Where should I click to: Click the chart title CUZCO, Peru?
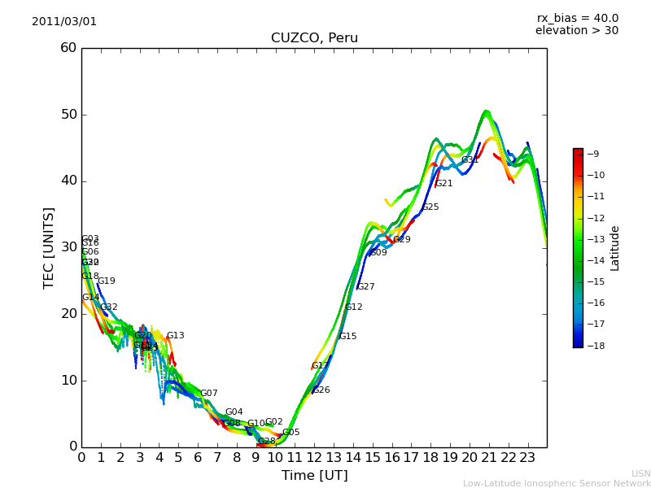pos(314,38)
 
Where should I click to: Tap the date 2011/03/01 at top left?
pos(64,22)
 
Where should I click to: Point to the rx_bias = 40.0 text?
pos(577,18)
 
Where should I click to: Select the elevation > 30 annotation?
pos(577,31)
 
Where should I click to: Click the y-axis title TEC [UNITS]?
pos(49,247)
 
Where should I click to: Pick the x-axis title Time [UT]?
pos(314,476)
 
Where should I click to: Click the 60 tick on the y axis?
pos(68,48)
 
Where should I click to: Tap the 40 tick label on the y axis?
pos(68,181)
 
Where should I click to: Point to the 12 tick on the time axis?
pos(314,457)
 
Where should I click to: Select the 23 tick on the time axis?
pos(527,457)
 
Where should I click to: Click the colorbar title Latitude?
pos(615,248)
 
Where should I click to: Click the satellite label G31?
pos(470,160)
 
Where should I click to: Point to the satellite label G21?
pos(444,184)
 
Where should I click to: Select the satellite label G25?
pos(430,207)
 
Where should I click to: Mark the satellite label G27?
pos(366,287)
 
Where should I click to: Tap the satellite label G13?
pos(176,336)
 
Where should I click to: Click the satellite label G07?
pos(209,394)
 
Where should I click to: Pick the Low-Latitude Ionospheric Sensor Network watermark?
pos(557,483)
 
